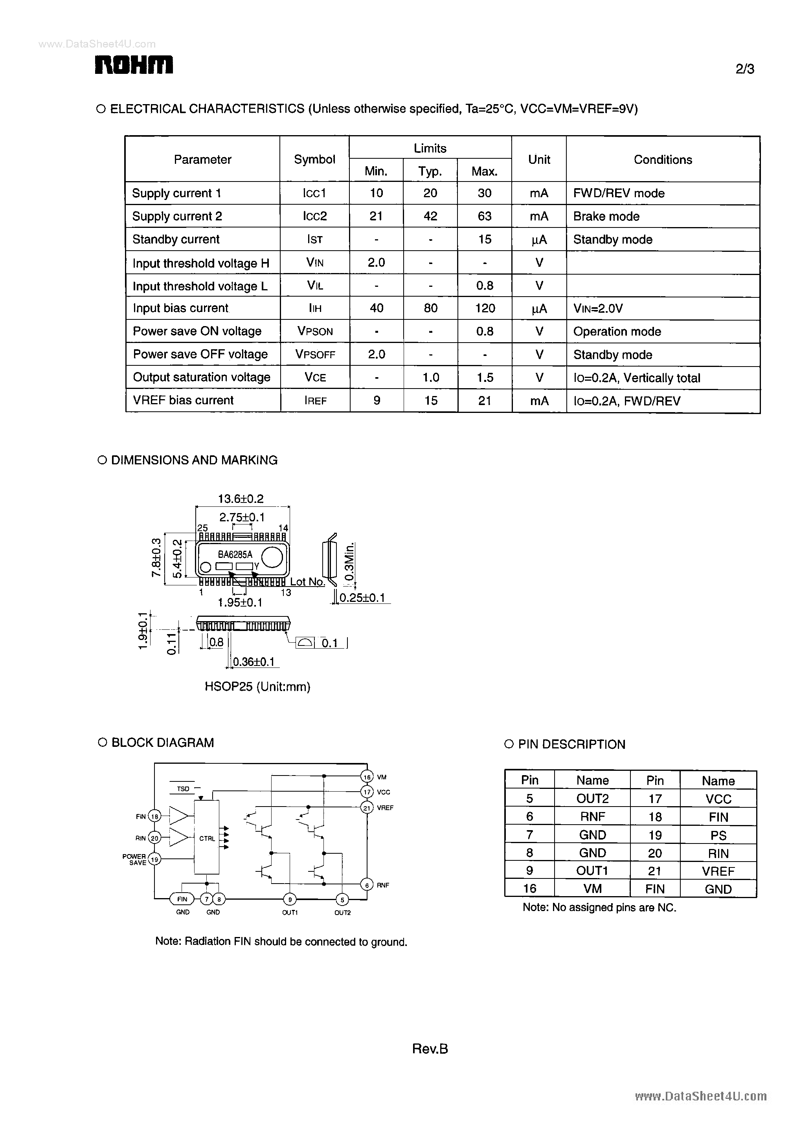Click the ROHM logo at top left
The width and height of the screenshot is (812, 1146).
click(x=134, y=65)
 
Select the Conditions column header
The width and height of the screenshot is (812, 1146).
click(x=663, y=160)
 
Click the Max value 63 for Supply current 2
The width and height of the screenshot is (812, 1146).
click(x=484, y=216)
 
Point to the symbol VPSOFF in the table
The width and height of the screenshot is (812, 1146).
click(x=315, y=354)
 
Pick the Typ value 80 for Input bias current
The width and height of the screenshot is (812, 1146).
click(x=430, y=308)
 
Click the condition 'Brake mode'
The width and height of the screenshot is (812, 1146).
click(x=606, y=216)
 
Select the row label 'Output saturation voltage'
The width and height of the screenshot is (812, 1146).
click(x=202, y=377)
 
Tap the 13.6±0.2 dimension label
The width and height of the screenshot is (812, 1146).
click(x=241, y=498)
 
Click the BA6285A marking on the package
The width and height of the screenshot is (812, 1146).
click(x=235, y=554)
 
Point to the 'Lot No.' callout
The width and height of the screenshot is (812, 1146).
click(x=307, y=582)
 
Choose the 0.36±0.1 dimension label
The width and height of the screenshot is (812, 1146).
click(x=254, y=662)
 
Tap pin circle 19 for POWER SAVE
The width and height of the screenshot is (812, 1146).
click(x=155, y=859)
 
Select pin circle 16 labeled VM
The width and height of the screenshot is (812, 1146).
click(x=367, y=777)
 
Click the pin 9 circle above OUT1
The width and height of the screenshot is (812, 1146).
click(x=290, y=900)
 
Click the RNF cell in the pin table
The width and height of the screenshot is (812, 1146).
click(x=593, y=817)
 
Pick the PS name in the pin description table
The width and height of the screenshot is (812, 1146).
click(x=718, y=835)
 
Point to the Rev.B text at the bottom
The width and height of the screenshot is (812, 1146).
click(x=430, y=1049)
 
